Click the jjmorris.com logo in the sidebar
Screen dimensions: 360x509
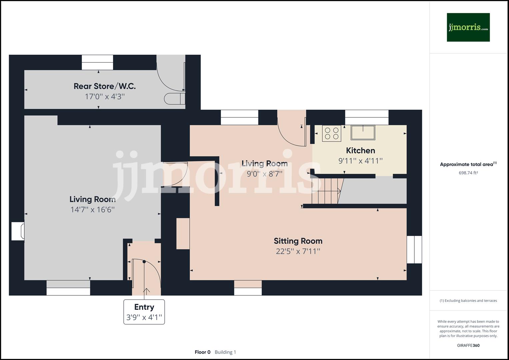[x=468, y=27]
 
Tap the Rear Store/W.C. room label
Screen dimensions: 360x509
[x=104, y=86]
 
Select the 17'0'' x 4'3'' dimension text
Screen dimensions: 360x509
[x=104, y=97]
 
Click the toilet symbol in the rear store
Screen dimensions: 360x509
[x=173, y=99]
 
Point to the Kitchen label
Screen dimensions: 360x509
[x=360, y=150]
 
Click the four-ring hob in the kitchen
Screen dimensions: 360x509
[x=331, y=133]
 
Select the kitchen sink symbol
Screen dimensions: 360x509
[x=363, y=132]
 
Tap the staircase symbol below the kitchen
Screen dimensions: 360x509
[x=327, y=191]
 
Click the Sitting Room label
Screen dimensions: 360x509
[x=298, y=241]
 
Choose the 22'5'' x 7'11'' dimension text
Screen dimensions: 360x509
[x=298, y=251]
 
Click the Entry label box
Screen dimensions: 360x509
[x=144, y=312]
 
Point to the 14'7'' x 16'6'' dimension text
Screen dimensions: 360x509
[x=92, y=210]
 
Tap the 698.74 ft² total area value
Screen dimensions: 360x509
[x=468, y=173]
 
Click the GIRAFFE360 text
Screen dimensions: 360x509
[x=468, y=345]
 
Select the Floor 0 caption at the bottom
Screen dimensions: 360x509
[x=202, y=352]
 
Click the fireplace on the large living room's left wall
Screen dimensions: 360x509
[x=18, y=231]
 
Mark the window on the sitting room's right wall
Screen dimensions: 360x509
[x=414, y=249]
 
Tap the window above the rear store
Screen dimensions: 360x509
[x=97, y=62]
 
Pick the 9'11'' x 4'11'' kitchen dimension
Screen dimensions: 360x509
[x=360, y=161]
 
